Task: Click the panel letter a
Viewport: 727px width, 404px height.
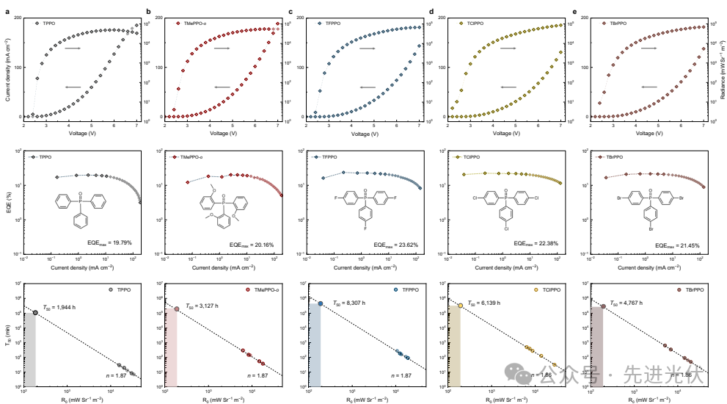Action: [6, 12]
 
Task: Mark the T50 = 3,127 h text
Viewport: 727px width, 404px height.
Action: [205, 303]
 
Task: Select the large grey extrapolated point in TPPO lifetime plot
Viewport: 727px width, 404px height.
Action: [35, 313]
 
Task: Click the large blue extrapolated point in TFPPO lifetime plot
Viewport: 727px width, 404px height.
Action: [321, 303]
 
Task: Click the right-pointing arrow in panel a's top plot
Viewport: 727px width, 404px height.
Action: [72, 48]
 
